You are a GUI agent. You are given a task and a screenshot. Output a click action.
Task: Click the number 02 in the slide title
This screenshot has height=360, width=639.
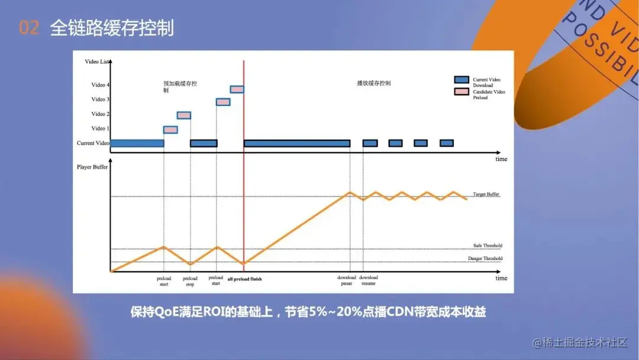[28, 28]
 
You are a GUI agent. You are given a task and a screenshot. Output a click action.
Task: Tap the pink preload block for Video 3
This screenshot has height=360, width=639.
[223, 102]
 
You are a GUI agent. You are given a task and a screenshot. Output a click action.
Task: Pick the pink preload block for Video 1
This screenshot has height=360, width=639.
[170, 130]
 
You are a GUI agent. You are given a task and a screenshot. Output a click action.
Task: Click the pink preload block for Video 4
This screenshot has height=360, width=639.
[237, 89]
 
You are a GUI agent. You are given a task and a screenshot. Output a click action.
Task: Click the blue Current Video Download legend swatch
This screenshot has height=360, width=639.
[461, 79]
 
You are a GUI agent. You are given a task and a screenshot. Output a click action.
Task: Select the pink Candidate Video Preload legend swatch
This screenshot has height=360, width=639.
[461, 92]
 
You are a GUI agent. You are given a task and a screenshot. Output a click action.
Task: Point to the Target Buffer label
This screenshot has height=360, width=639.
[486, 194]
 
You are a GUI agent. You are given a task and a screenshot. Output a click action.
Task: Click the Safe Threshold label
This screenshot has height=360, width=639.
[488, 246]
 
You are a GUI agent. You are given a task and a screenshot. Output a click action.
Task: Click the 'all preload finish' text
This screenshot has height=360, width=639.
[244, 278]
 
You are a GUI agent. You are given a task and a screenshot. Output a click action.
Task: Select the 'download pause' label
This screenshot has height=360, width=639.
[347, 281]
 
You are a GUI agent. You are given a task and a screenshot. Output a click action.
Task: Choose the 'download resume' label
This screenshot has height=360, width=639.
[369, 281]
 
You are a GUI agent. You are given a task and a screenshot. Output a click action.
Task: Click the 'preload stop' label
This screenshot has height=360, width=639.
[190, 281]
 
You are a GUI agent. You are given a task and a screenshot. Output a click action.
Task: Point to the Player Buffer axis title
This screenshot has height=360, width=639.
[92, 168]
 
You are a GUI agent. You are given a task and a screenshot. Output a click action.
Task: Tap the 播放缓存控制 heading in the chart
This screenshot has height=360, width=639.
[374, 83]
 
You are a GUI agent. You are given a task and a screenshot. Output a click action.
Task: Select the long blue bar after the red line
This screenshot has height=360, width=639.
[297, 143]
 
